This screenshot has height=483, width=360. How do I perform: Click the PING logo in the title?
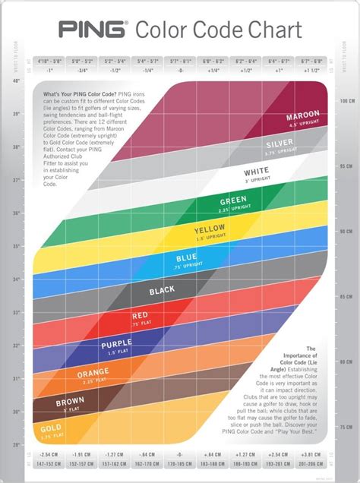click(x=93, y=30)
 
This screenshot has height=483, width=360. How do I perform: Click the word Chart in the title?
click(x=273, y=30)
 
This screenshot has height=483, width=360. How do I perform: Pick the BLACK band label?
click(x=162, y=289)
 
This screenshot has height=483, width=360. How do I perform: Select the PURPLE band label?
click(x=117, y=346)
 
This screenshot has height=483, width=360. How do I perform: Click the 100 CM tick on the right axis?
click(x=343, y=100)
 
